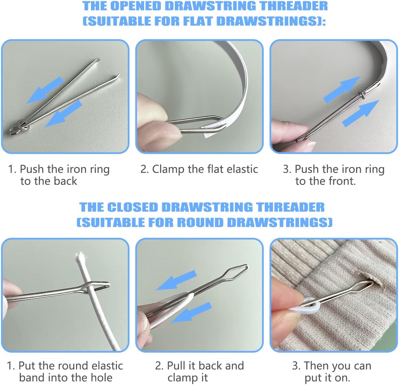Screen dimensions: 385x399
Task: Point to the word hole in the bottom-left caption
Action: [x=101, y=378]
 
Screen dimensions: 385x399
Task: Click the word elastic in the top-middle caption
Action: [x=242, y=169]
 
